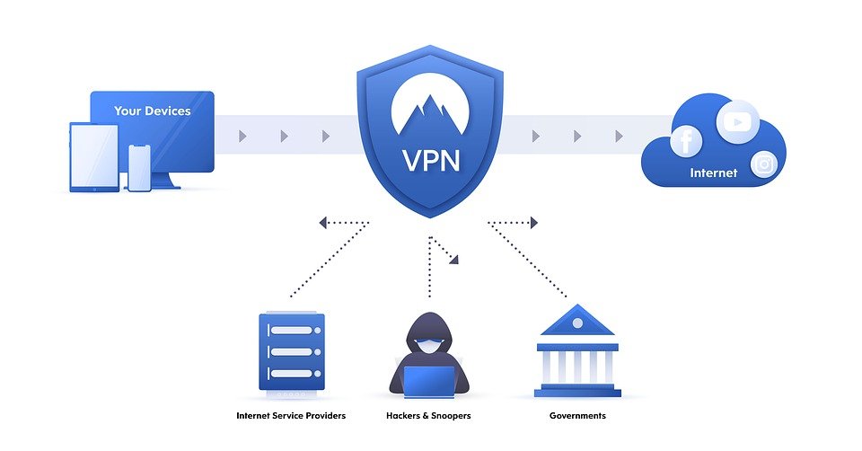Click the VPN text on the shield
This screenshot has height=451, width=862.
tap(429, 160)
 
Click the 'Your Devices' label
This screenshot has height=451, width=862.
tap(152, 111)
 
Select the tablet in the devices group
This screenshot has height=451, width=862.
tap(94, 157)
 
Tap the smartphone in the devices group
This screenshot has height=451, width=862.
tap(139, 167)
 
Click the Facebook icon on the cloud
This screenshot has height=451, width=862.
tap(686, 142)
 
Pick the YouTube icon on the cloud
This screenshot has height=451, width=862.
tap(738, 121)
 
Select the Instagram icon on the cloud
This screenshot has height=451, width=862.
tap(764, 164)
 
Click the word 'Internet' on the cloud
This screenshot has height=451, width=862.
tap(713, 172)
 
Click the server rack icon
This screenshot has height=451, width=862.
tap(291, 351)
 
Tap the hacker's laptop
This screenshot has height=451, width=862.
tap(428, 381)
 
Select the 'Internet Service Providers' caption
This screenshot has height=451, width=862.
tap(291, 416)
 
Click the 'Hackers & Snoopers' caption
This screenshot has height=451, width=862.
tap(428, 416)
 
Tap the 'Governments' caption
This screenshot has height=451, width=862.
tap(577, 416)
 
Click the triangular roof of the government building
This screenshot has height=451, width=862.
tap(577, 321)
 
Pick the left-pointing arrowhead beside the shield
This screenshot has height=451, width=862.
tap(322, 223)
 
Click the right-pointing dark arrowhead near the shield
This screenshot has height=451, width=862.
tap(533, 223)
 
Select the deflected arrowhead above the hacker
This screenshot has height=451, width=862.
tap(453, 260)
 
